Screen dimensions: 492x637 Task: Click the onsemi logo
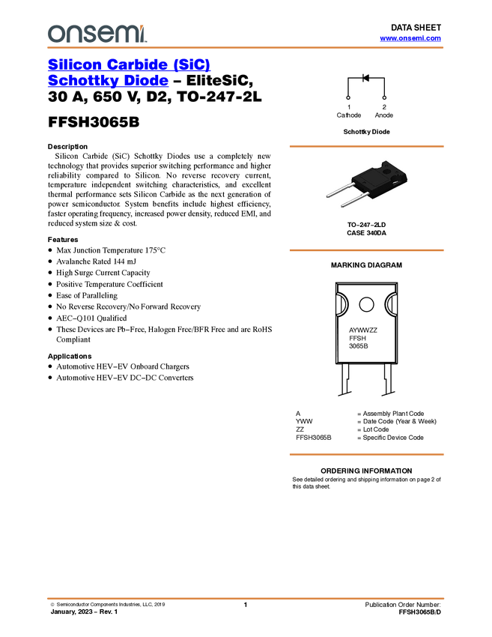97,34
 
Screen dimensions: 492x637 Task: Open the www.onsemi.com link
410,38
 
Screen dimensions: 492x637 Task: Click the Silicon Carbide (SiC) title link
129,64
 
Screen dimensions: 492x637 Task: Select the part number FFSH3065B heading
94,122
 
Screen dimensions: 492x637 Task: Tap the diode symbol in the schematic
365,78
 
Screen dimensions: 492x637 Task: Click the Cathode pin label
349,115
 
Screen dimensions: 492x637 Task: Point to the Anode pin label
384,115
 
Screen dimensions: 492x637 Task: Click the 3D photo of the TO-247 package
367,183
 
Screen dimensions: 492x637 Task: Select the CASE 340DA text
366,233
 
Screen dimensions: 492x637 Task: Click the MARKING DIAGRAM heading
366,265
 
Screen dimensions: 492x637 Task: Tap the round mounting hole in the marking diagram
366,304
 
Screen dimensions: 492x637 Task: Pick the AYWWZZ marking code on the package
363,330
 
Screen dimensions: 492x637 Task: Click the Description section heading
67,147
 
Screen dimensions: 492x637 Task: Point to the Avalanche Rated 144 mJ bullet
96,262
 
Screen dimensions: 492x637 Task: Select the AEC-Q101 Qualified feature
91,318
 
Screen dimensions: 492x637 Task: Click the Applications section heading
70,356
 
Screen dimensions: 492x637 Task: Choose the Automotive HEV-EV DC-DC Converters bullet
125,378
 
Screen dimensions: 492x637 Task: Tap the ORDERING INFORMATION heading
366,471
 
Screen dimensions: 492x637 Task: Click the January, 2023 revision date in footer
84,612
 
